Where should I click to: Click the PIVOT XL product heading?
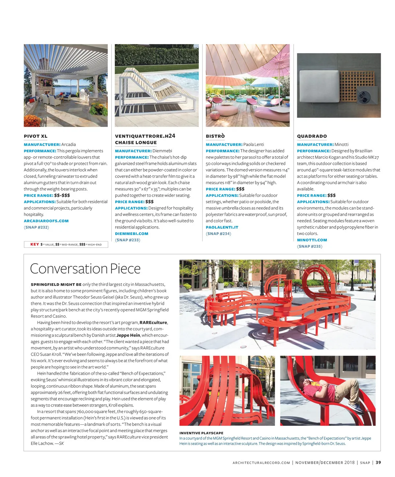point(36,136)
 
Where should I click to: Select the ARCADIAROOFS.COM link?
point(46,221)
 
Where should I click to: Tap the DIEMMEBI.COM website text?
point(132,234)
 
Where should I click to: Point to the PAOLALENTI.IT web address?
point(222,227)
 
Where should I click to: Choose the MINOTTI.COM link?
point(312,240)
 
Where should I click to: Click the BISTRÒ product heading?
point(215,136)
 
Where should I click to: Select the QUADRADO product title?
point(312,136)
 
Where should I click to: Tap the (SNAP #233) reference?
point(128,240)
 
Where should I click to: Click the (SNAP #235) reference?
point(310,246)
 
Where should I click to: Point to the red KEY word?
point(35,244)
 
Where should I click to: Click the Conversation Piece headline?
point(85,269)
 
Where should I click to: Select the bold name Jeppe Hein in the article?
point(128,335)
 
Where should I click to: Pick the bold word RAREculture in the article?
point(153,323)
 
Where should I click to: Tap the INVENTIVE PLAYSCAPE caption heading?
point(201,433)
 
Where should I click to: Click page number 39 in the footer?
point(378,462)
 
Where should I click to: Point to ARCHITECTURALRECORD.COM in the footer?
point(261,463)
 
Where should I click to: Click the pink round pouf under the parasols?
point(215,115)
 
